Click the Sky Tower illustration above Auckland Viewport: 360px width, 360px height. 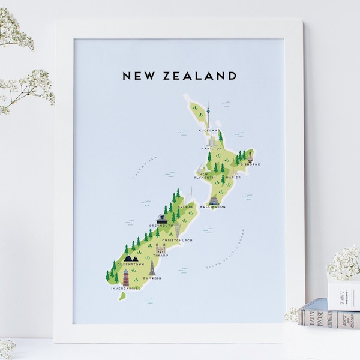(x=208, y=114)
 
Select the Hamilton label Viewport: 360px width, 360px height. (x=212, y=148)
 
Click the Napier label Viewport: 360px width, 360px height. (x=233, y=178)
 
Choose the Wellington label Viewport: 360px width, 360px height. (x=213, y=207)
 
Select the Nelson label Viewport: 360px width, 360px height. (x=185, y=207)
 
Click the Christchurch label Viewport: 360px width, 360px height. (x=177, y=240)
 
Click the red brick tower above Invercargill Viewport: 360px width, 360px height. (x=125, y=277)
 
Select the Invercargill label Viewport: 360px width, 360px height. (x=125, y=289)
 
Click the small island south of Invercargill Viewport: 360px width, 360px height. (x=122, y=296)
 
